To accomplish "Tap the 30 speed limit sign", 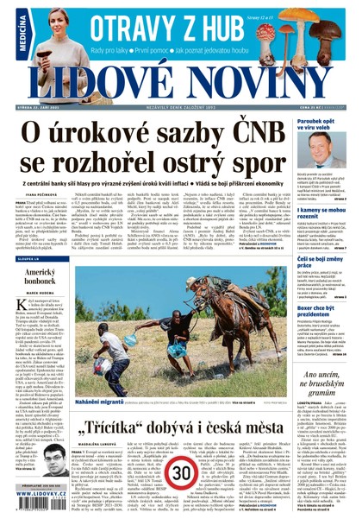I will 180,473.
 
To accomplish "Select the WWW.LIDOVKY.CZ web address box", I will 32,510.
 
